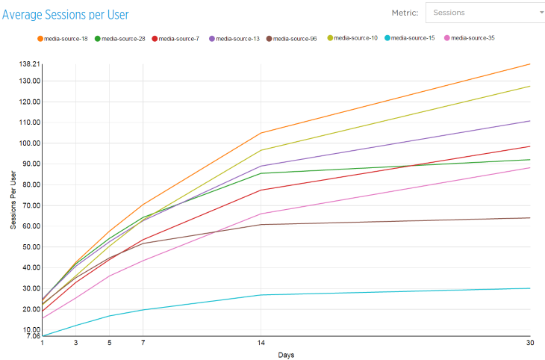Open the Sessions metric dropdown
(x=485, y=13)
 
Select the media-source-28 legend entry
(x=122, y=38)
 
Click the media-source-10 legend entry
(x=355, y=38)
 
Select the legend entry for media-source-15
(x=413, y=38)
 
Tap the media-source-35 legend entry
(x=472, y=38)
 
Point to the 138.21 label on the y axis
(x=29, y=64)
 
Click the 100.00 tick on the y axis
(x=29, y=143)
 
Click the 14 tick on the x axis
(x=261, y=342)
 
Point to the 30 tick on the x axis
(x=529, y=342)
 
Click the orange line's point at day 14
(x=261, y=133)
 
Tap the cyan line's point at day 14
(x=261, y=295)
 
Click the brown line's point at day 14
(x=261, y=225)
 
